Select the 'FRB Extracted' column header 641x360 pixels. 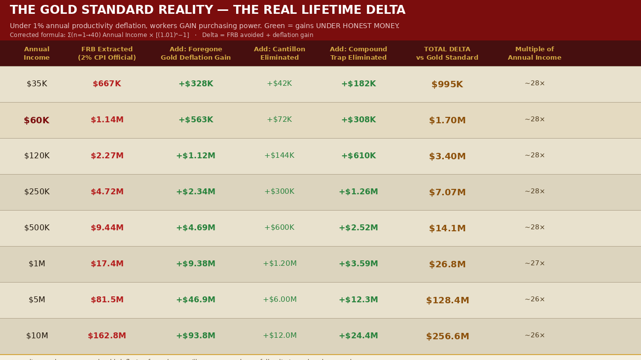click(x=107, y=53)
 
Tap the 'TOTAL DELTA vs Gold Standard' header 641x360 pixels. click(x=447, y=53)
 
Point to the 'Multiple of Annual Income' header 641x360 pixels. click(x=534, y=53)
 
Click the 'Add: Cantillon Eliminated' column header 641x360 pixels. click(x=280, y=53)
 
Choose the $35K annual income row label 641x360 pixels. click(x=37, y=84)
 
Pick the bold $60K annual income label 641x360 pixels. click(x=36, y=120)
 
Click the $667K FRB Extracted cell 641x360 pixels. click(x=107, y=84)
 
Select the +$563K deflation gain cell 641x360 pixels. click(x=196, y=120)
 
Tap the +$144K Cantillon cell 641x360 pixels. click(x=279, y=156)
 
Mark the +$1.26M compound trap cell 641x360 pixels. click(x=358, y=192)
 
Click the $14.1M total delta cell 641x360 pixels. click(x=447, y=228)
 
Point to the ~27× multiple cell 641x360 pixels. click(x=534, y=264)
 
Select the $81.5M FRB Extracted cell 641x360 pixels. click(x=107, y=300)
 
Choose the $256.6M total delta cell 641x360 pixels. click(x=447, y=336)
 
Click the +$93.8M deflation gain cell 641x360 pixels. click(x=196, y=336)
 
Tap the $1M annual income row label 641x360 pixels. click(x=37, y=264)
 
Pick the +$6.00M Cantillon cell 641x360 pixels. click(x=280, y=300)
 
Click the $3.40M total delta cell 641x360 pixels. click(x=447, y=156)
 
